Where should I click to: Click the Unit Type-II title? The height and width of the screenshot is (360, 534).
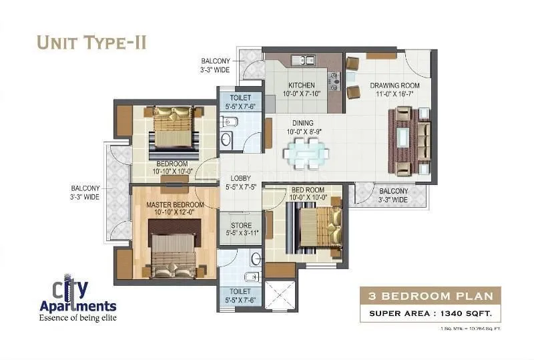[91, 42]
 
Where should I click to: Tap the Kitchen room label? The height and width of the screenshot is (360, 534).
[301, 85]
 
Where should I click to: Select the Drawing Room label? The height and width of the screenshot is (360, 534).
[394, 85]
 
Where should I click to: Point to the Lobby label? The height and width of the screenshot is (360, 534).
[240, 178]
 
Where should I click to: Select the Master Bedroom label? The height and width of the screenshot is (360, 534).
[176, 204]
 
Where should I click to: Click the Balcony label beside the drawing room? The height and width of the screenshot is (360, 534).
[393, 195]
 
